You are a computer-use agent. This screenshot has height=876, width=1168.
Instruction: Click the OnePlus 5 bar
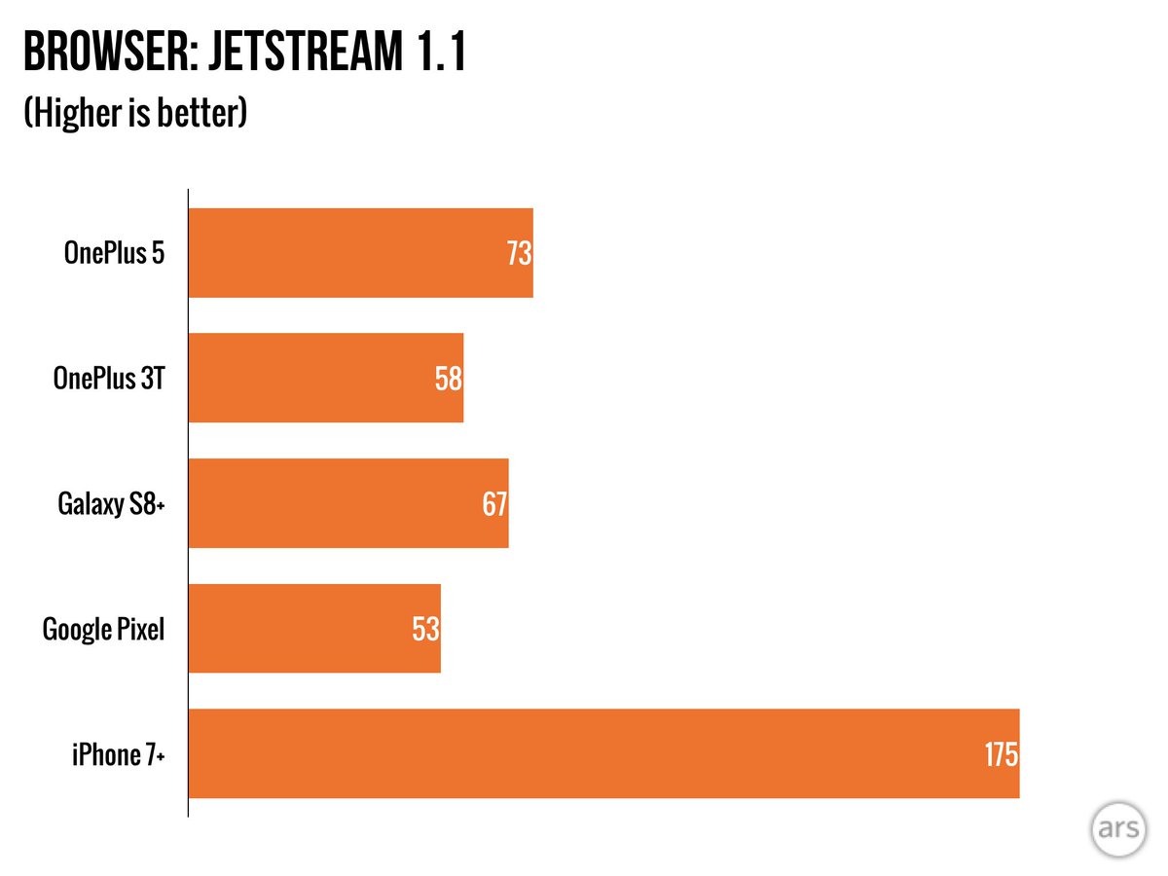coord(360,252)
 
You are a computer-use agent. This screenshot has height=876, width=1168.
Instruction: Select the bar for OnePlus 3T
coord(325,378)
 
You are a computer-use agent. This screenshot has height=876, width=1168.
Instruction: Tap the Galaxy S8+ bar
coord(347,503)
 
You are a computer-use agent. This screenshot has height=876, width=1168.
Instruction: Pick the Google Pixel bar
coord(313,628)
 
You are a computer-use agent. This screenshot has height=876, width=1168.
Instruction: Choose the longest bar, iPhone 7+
coord(603,753)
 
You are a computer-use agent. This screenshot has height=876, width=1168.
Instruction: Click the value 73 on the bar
coord(519,254)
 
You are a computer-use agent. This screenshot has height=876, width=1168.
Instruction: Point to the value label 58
coord(449,379)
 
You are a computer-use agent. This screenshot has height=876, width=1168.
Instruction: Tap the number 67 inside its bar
coord(494,504)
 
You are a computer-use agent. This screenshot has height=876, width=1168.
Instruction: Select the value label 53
coord(426,629)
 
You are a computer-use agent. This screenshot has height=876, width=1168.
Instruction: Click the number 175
coord(1000,754)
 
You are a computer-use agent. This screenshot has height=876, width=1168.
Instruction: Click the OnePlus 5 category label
coord(115,253)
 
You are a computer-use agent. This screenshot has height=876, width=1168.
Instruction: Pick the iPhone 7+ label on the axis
coord(117,754)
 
